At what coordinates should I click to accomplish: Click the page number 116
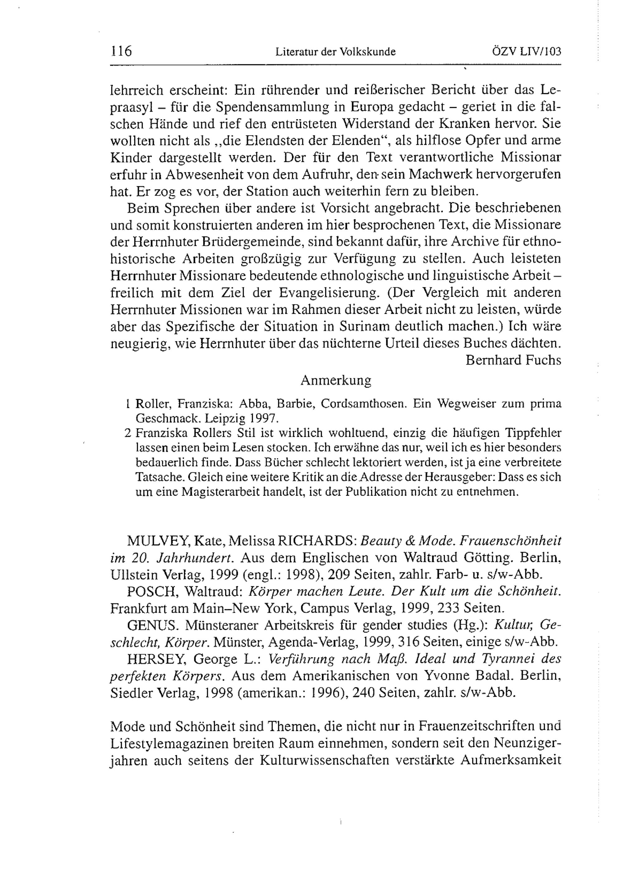tap(121, 51)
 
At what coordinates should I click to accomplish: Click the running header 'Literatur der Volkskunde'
tap(335, 52)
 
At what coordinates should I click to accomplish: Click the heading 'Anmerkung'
tap(335, 380)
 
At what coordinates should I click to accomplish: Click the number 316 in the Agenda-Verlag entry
tap(409, 642)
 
